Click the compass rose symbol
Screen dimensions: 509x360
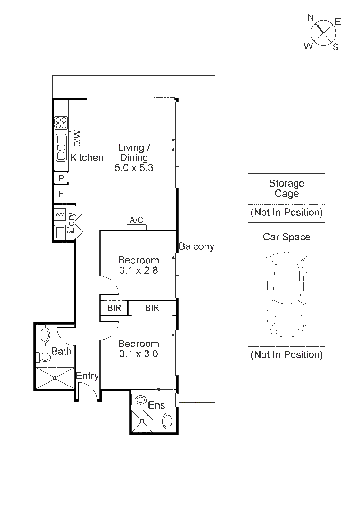[x=323, y=32]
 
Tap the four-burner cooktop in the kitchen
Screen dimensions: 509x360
[x=61, y=123]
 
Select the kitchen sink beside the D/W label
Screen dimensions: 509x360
[x=61, y=148]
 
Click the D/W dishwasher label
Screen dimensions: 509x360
[x=77, y=138]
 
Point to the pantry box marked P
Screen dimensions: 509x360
[x=61, y=178]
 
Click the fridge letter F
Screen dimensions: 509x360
[x=61, y=193]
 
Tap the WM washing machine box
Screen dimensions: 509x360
[x=60, y=214]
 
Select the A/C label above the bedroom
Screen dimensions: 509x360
[x=137, y=220]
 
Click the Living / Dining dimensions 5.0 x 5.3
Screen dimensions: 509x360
[x=134, y=167]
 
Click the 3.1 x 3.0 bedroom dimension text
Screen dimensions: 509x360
[x=139, y=354]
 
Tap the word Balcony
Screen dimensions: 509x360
[x=196, y=246]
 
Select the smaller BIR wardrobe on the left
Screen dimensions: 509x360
[x=114, y=308]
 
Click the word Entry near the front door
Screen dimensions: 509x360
[x=87, y=376]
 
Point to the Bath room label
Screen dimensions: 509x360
[x=61, y=351]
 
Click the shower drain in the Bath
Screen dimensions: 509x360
[x=55, y=378]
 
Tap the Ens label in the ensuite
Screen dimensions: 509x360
[x=156, y=405]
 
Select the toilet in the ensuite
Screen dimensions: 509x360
[x=140, y=400]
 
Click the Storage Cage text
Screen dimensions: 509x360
[x=286, y=189]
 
